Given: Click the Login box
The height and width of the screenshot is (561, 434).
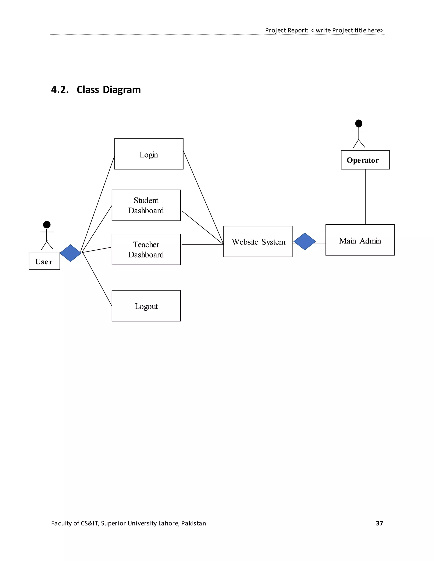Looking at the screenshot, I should point(149,154).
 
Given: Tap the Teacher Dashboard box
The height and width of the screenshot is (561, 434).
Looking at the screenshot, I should point(146,249).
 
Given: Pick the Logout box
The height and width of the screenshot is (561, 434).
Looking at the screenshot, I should point(146,306).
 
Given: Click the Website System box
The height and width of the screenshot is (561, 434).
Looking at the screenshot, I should point(258,242).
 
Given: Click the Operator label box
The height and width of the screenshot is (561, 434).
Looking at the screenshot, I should point(365,160).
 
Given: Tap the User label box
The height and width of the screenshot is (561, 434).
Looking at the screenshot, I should point(44,261).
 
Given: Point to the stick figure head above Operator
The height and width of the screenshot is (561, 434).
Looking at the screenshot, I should point(359,123).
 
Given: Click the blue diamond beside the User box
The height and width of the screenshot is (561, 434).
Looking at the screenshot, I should point(70,253).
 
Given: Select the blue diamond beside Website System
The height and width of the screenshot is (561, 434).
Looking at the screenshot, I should point(305,242).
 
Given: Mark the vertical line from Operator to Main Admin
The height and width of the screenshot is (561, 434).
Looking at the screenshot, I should point(366,196).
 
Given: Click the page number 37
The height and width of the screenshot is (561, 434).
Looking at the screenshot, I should point(379,523).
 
